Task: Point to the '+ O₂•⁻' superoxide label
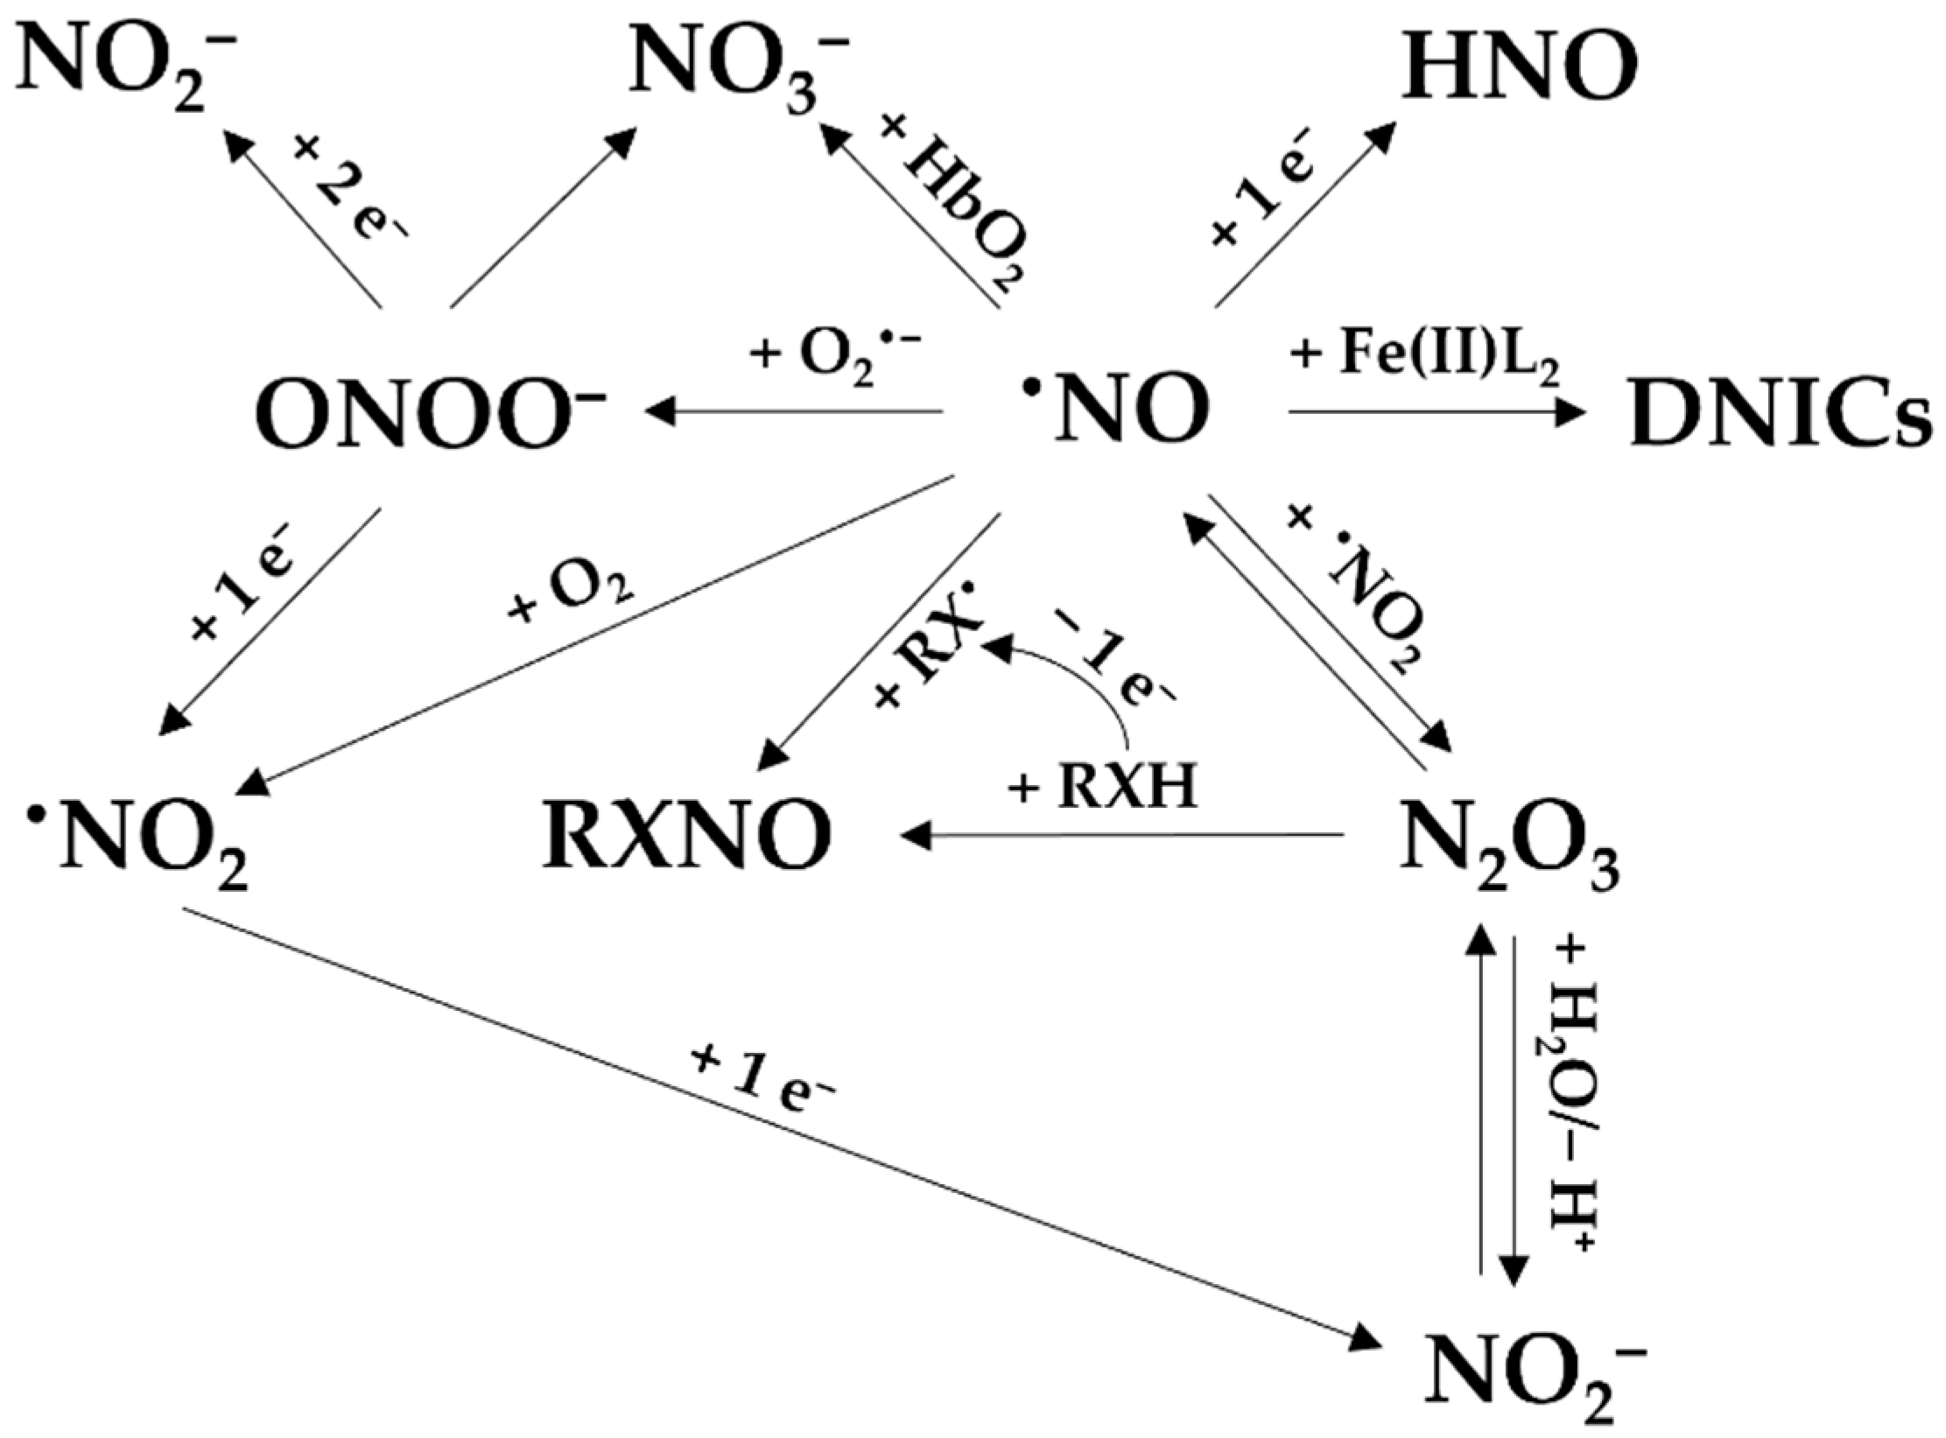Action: coord(836,358)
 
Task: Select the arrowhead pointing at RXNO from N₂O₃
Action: coord(916,837)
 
